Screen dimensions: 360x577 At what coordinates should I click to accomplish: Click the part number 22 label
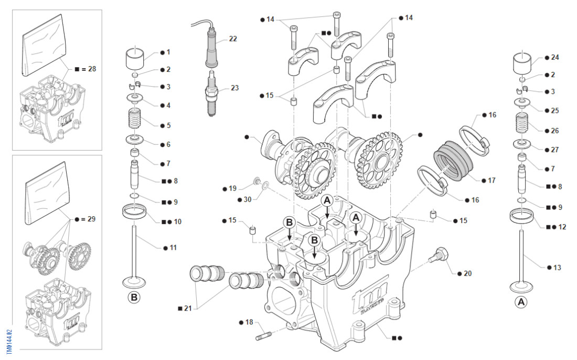pos(233,39)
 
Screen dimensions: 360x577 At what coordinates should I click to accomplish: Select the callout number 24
pos(555,57)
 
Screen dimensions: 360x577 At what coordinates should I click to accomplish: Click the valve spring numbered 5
pos(136,120)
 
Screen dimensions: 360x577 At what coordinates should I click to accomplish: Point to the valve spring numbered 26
pos(522,126)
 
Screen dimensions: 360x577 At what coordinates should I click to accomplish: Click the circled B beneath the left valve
pos(134,298)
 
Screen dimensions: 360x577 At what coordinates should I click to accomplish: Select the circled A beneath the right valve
pos(521,302)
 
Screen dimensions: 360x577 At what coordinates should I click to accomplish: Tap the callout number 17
pos(491,181)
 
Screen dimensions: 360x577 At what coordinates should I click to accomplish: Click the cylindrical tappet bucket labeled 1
pos(136,58)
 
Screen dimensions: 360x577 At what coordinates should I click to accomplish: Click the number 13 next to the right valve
pos(557,268)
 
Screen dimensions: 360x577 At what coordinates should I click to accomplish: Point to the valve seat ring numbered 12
pos(522,215)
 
